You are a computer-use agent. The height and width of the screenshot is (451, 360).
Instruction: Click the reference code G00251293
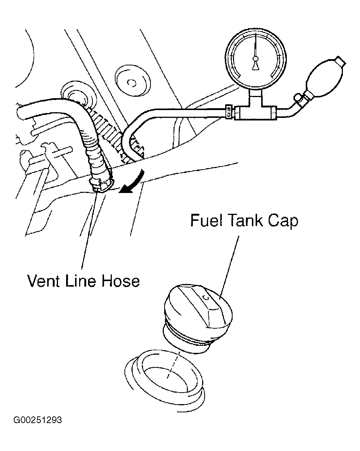(x=38, y=421)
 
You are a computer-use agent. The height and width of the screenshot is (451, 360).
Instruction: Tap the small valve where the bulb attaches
(x=298, y=99)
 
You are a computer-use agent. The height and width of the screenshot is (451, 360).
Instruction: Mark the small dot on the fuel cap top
(x=206, y=297)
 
